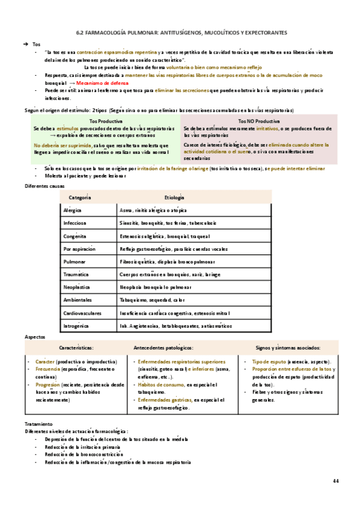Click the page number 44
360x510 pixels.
click(335, 482)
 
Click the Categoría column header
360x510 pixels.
click(80, 198)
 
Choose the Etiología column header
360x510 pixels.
click(174, 198)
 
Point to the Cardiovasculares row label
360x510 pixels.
click(85, 313)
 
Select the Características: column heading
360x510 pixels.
click(76, 348)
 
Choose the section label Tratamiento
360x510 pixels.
click(38, 424)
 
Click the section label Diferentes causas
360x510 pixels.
click(44, 186)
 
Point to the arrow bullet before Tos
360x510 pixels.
click(25, 45)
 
